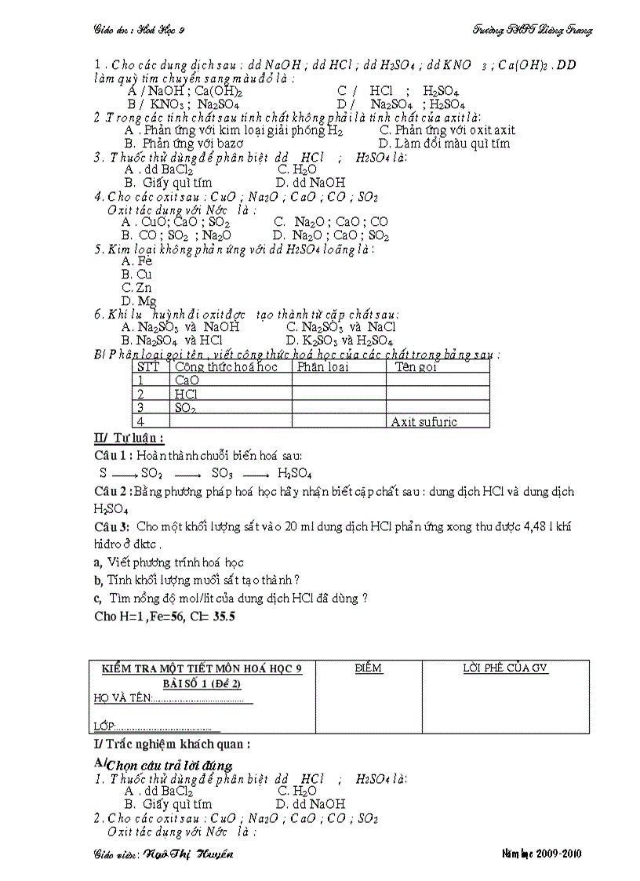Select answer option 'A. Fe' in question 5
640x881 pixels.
coord(133,261)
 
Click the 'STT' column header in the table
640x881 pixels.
coord(148,367)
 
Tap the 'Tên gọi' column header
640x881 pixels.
coord(416,367)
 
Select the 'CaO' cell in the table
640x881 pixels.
coord(187,380)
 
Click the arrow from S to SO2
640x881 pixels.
coord(125,474)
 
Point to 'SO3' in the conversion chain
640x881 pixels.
coord(224,474)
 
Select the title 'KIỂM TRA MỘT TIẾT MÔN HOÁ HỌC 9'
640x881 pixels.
coord(202,668)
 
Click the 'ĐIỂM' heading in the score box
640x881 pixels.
coord(368,668)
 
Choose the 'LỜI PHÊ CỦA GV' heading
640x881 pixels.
coord(505,668)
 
